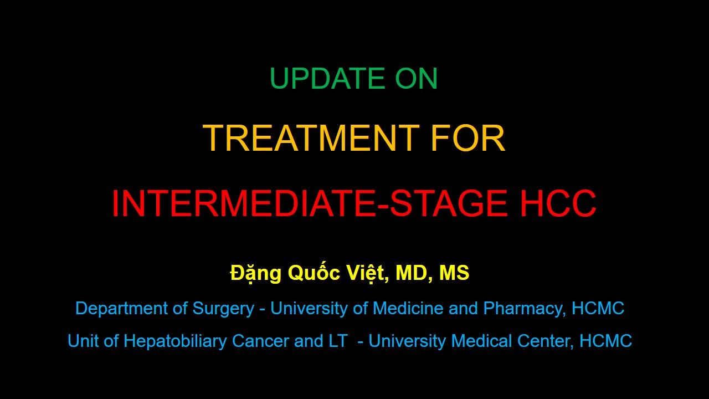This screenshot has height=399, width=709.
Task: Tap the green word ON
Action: pos(416,78)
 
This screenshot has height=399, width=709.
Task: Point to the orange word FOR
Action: pos(468,138)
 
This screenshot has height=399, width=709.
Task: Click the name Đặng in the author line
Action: pos(256,273)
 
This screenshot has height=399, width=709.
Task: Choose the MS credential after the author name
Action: pos(454,273)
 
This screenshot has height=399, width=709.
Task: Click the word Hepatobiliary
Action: pos(174,341)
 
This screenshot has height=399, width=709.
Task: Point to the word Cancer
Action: pos(260,341)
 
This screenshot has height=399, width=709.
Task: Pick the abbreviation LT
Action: pos(338,341)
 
